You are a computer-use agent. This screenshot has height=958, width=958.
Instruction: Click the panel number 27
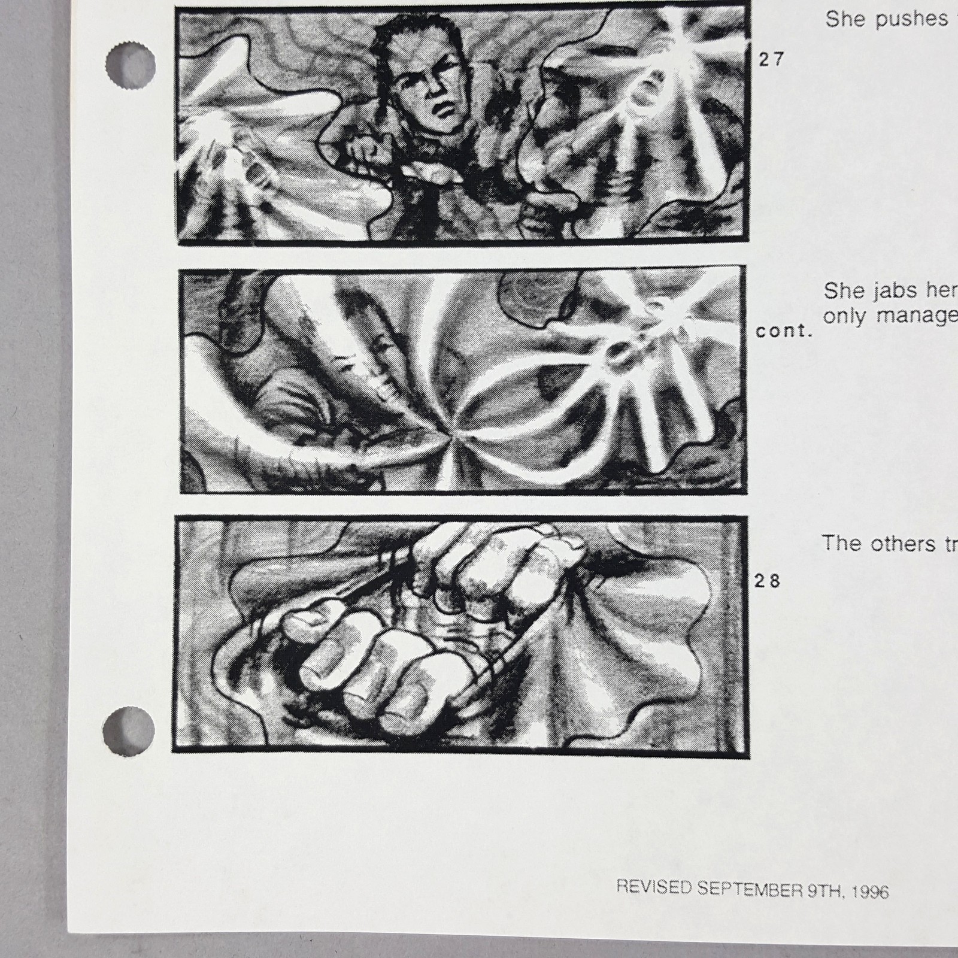click(x=771, y=59)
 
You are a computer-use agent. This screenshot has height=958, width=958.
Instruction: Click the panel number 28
click(x=768, y=581)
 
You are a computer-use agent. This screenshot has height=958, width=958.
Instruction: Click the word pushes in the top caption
click(x=911, y=19)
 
